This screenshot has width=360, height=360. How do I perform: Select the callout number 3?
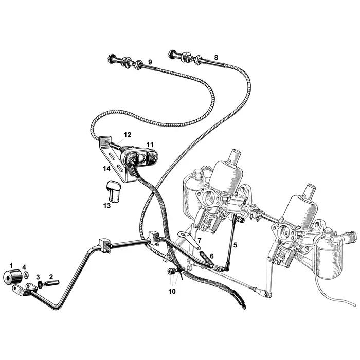[x=38, y=277]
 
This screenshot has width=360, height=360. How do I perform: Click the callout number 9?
[x=150, y=62]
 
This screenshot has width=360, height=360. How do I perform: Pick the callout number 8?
[x=216, y=57]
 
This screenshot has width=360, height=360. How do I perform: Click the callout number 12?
[x=127, y=135]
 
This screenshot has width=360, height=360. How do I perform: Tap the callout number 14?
[x=106, y=168]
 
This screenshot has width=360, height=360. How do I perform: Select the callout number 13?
[x=107, y=206]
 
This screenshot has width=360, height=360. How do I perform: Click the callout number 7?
[x=199, y=240]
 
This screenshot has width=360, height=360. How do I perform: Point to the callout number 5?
[x=235, y=245]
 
